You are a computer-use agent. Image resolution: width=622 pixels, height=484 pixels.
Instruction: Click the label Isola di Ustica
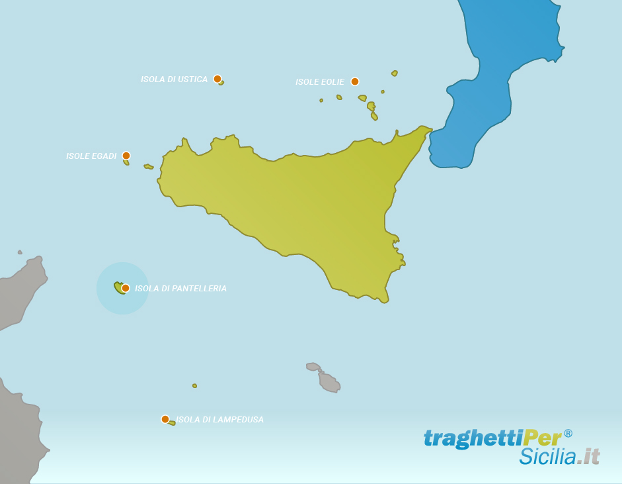pos(174,79)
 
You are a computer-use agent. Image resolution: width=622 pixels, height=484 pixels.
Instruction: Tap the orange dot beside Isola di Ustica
pos(217,79)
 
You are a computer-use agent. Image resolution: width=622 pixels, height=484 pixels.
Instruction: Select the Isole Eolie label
pos(320,82)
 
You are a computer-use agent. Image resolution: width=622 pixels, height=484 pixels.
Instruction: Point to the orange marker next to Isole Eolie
pos(355,81)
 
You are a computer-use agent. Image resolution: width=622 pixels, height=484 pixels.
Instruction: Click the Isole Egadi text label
pos(91,156)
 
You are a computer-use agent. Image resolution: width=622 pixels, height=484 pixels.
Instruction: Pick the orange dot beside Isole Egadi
pos(126,156)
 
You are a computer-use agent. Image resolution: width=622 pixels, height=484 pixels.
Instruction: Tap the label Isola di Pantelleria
pos(180,289)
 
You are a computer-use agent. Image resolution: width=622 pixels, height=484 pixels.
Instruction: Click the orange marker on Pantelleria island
pos(126,288)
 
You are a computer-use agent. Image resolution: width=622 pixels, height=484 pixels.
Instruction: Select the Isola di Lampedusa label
pos(219,420)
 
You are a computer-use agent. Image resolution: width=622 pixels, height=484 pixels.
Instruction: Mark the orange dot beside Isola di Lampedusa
pos(165,419)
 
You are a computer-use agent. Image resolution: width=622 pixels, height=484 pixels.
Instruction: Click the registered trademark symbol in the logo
pos(568,434)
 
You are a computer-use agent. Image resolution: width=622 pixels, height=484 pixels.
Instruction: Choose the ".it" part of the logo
pos(588,457)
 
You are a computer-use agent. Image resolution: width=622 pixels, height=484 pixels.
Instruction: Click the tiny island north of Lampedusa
pos(194,385)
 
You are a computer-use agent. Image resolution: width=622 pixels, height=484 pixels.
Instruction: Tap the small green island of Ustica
pos(221,83)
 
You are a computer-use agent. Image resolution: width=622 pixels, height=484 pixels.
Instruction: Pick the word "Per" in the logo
pos(542,438)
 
